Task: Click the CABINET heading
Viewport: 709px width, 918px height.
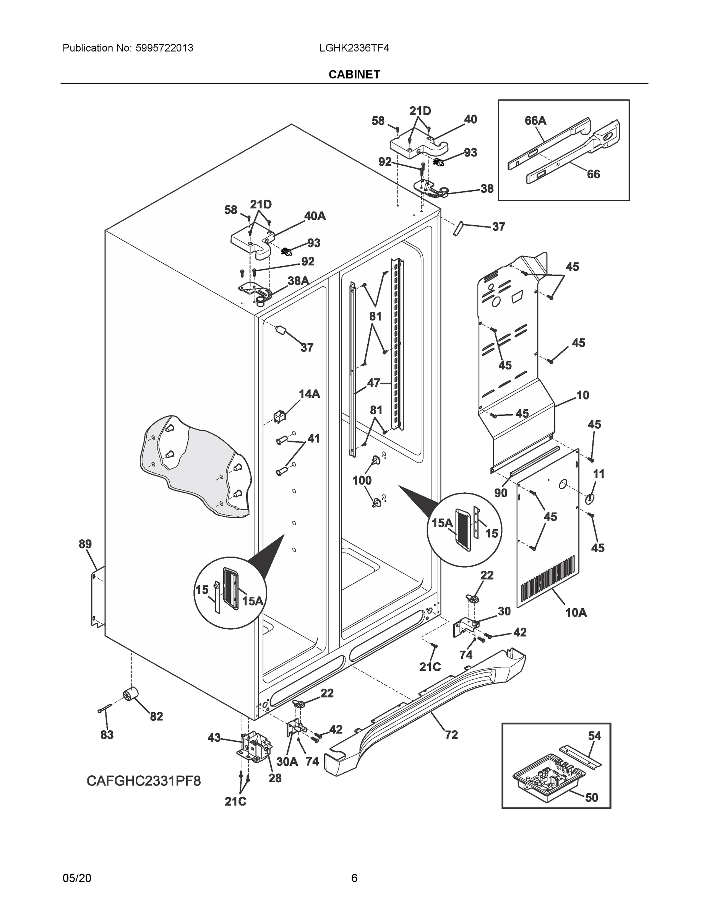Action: [354, 75]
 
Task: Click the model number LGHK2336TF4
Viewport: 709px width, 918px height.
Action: [354, 48]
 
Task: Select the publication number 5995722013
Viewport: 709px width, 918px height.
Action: [164, 48]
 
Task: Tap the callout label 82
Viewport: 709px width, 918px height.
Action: [156, 717]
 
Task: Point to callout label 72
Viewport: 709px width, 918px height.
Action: [451, 735]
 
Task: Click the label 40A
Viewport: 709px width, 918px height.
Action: [315, 216]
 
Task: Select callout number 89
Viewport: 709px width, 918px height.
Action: [85, 544]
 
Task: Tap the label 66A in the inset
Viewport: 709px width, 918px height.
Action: [535, 120]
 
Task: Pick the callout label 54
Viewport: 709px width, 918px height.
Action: [594, 736]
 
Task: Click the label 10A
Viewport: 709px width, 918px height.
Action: [576, 613]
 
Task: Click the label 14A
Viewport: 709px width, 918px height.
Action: [310, 394]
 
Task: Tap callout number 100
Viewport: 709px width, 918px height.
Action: [362, 480]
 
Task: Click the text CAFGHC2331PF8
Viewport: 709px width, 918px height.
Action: [144, 781]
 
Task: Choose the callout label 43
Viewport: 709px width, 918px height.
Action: [214, 738]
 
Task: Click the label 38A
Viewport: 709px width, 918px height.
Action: [298, 280]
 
